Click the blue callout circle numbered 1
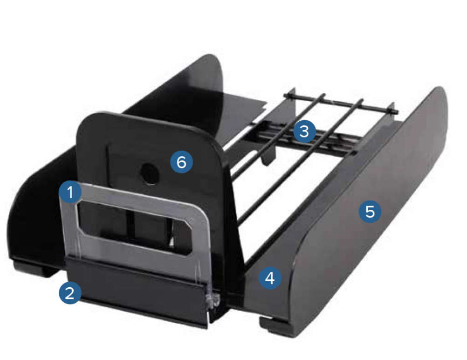pyautogui.click(x=70, y=192)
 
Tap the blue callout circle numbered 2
pyautogui.click(x=70, y=293)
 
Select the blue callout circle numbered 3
pyautogui.click(x=304, y=131)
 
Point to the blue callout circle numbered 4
pyautogui.click(x=270, y=278)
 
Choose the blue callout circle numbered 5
pyautogui.click(x=370, y=212)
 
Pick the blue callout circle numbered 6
pyautogui.click(x=181, y=162)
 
